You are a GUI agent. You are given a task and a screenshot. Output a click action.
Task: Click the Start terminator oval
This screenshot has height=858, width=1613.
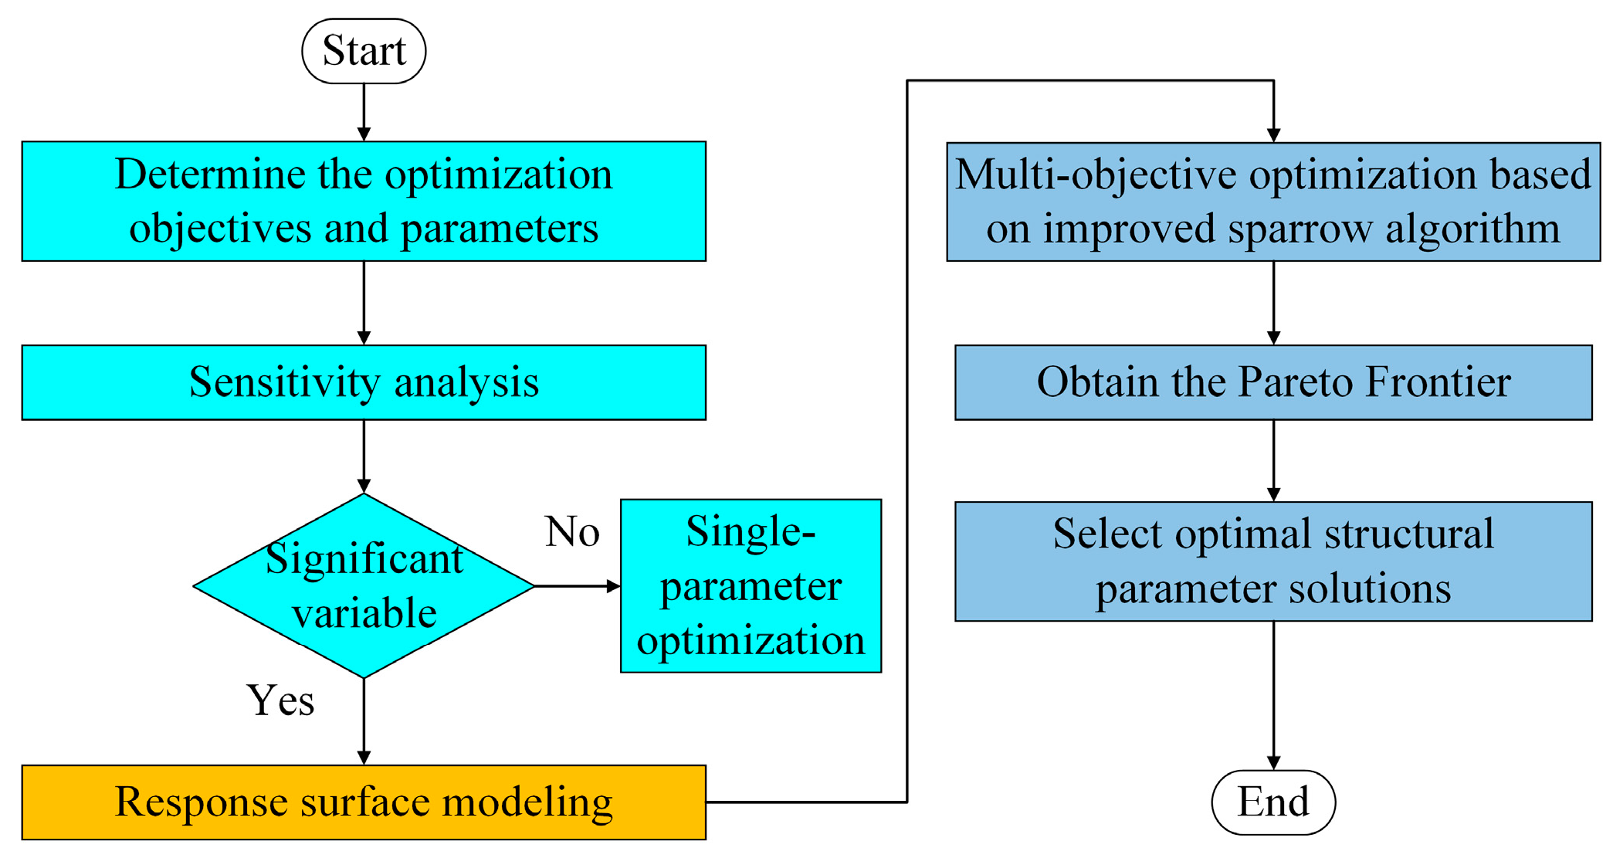coord(364,51)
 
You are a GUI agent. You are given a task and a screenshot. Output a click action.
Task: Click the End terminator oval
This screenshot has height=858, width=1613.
coord(1272,802)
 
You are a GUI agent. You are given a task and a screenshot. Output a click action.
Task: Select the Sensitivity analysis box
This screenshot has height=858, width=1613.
coord(364,382)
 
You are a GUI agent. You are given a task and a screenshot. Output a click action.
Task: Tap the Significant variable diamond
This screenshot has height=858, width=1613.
coord(364,585)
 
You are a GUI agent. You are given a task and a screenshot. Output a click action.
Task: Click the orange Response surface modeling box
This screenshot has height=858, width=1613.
coord(364,802)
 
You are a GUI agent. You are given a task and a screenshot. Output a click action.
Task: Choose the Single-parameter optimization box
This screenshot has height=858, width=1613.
coord(751,585)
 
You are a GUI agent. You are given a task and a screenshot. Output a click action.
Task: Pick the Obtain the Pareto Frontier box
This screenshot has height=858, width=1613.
coord(1272,382)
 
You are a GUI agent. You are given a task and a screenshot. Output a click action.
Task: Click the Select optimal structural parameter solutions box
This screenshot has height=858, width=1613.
coord(1272,561)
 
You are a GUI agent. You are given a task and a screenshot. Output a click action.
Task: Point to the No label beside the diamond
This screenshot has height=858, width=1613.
coord(572,532)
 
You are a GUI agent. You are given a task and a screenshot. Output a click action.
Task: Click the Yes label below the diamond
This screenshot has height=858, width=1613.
coord(280,700)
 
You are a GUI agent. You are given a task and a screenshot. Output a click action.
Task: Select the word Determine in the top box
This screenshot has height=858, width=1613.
coord(210,175)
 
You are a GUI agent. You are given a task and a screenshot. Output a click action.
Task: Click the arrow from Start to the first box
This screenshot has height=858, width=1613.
coord(364,113)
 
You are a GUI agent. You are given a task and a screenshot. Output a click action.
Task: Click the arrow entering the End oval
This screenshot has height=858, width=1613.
coord(1273,695)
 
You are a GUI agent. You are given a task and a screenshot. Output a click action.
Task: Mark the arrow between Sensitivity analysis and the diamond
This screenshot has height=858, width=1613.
coord(364,456)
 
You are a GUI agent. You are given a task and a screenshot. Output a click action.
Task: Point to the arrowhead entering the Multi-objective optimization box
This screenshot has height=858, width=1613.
coord(1273,134)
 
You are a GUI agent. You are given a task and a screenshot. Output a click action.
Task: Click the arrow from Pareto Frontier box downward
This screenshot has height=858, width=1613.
coord(1273,460)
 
